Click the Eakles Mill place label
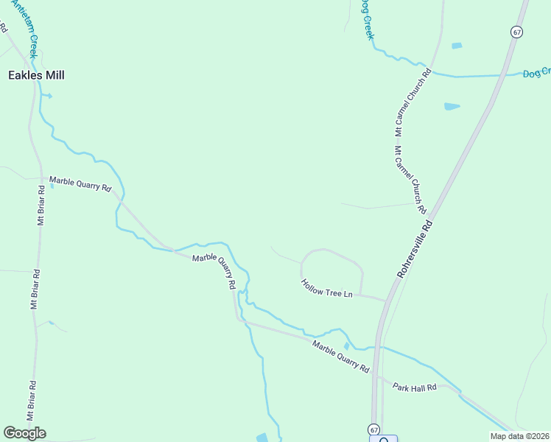pos(36,75)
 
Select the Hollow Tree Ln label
pos(327,289)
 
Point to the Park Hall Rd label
pos(414,387)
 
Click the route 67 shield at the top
pos(517,32)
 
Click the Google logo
pos(24,432)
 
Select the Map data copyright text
pos(519,436)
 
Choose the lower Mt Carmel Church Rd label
pos(410,179)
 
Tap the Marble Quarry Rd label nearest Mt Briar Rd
pos(80,183)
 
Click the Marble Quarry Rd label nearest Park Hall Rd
pos(340,356)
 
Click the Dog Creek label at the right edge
pos(536,73)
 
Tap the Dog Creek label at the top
pos(366,18)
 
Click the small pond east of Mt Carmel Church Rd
pos(452,107)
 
